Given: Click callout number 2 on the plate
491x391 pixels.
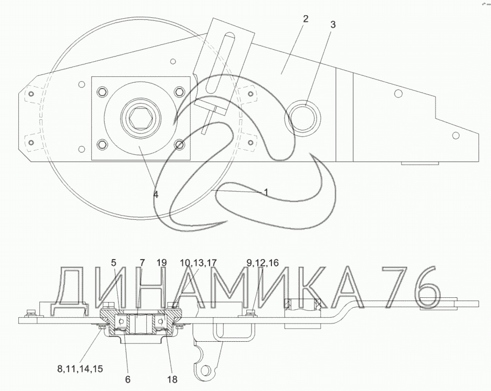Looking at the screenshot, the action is point(305,19).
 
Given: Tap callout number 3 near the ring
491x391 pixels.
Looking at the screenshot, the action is point(333,25).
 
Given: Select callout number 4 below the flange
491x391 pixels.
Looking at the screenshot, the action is point(156,194).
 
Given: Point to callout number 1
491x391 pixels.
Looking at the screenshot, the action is point(266,193).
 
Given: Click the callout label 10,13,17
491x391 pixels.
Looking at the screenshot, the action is point(198,263).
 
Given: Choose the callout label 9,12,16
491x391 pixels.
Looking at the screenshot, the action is point(263,263).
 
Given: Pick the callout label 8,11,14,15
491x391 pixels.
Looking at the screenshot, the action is point(80,369).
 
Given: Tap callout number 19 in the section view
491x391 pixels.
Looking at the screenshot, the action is point(161,263).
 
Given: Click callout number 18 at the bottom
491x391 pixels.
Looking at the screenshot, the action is point(172,379).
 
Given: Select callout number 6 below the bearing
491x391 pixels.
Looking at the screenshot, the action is point(128,379).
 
